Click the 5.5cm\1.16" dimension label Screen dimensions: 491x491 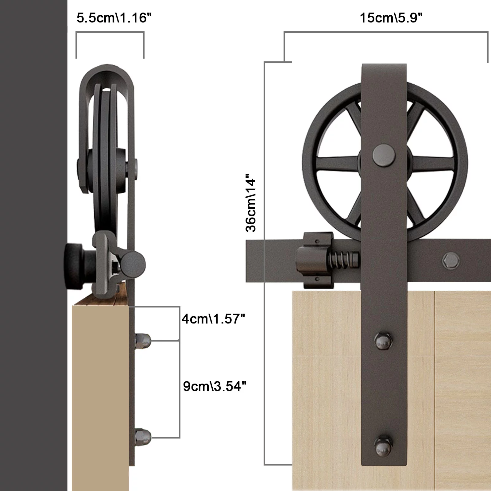(x=114, y=18)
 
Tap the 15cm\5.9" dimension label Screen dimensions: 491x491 (x=391, y=18)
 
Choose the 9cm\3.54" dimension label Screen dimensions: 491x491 (x=215, y=386)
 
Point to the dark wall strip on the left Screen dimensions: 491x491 (x=33, y=245)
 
